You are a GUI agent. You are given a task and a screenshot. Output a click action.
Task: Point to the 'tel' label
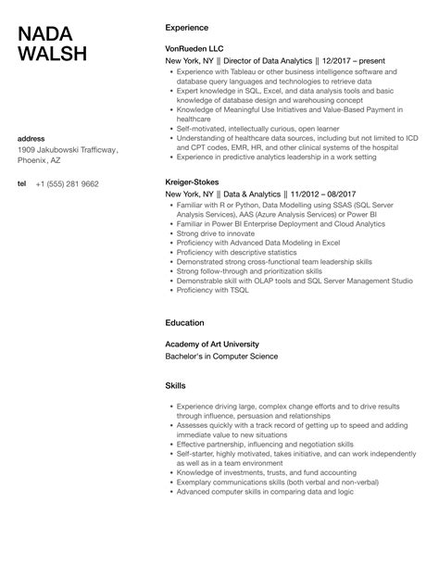pyautogui.click(x=22, y=184)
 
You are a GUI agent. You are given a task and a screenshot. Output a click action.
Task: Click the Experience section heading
pyautogui.click(x=187, y=27)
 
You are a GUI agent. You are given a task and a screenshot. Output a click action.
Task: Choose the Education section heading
pyautogui.click(x=185, y=323)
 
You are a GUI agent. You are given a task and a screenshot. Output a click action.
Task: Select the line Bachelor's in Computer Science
pyautogui.click(x=221, y=356)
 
